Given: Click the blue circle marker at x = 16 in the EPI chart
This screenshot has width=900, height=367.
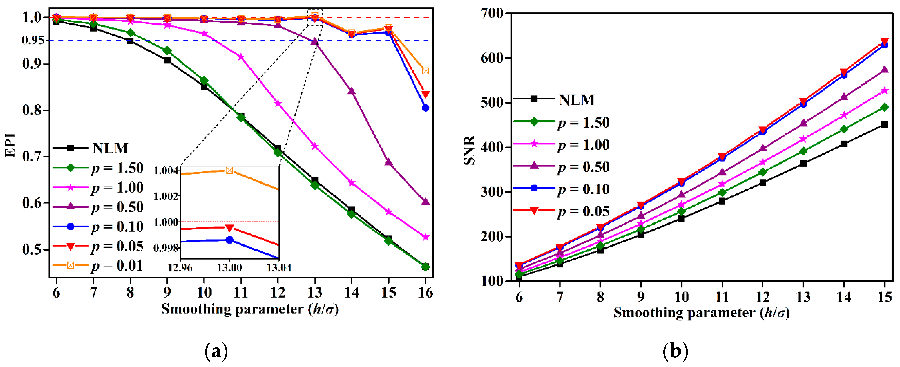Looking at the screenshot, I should coord(425,108).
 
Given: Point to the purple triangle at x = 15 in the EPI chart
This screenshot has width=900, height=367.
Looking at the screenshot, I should coord(388,162).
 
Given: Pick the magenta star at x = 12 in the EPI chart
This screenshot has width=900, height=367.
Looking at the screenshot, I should coord(278,104).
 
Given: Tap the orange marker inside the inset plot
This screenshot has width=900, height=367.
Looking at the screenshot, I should coord(229,171).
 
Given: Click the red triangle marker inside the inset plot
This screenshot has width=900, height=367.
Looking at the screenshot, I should coord(229,228).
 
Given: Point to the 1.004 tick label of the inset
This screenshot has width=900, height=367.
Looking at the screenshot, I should coord(166,171).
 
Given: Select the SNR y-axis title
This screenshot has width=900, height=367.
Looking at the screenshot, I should coord(469,150).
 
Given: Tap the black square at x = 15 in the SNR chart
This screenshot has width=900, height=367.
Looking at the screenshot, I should coord(884,125).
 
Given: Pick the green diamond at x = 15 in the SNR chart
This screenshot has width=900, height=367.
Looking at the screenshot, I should coord(884,107).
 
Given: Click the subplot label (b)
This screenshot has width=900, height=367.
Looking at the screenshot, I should coord(675,351).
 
